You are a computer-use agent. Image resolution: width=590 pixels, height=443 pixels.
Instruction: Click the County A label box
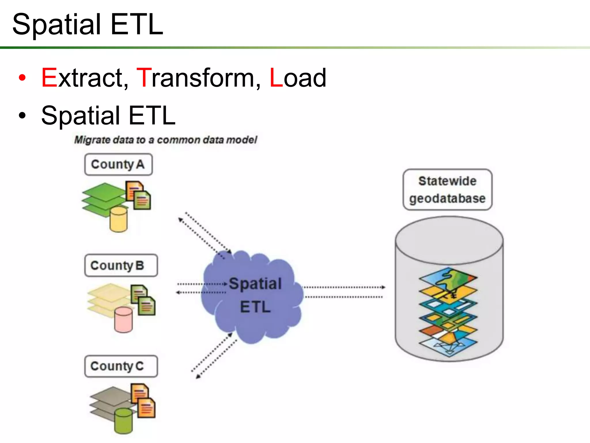118,165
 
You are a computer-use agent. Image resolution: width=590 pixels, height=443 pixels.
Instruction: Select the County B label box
121,266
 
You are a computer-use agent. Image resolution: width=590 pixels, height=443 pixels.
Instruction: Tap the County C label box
121,366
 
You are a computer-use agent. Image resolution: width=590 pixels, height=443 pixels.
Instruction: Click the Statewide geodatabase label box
447,190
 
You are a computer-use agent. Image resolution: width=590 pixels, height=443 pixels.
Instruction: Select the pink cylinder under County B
123,320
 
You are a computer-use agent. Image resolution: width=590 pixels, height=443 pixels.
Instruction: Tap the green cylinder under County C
123,421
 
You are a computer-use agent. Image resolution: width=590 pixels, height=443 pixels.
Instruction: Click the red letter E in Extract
49,78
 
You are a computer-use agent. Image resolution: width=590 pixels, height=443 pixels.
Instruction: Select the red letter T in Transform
144,78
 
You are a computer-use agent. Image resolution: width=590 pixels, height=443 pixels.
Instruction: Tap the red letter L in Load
276,78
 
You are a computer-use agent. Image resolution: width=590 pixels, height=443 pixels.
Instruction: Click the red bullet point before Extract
22,78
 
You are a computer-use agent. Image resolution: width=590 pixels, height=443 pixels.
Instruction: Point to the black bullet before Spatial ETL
22,116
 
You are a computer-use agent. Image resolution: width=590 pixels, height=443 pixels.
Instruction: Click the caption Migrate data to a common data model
166,140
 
